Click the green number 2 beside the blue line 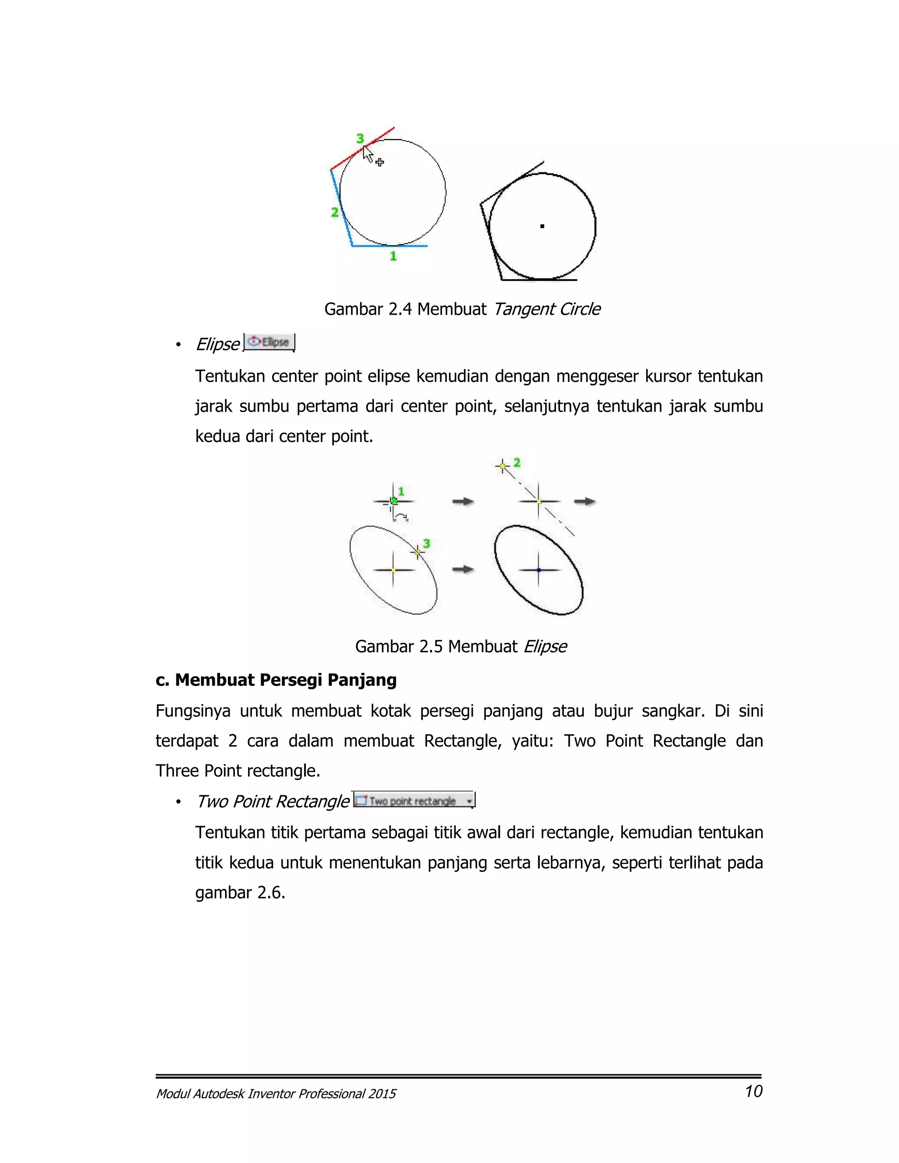coord(334,212)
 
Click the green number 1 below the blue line coord(393,256)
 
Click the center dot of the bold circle coord(542,226)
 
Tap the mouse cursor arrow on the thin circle coord(367,155)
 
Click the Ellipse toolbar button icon coord(269,342)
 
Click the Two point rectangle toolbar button coord(413,801)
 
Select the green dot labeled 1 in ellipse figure coord(394,501)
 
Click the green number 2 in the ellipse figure coord(517,463)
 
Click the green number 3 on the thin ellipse coord(426,544)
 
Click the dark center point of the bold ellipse coord(539,570)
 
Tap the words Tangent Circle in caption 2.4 coord(547,309)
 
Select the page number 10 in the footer coord(753,1091)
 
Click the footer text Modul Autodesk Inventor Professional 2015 coord(275,1094)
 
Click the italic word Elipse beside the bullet coord(217,345)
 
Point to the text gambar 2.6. coord(240,893)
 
